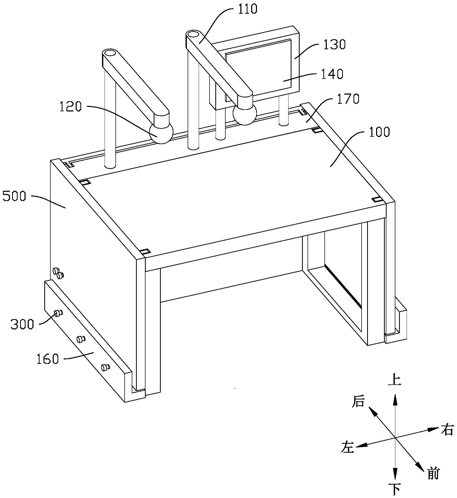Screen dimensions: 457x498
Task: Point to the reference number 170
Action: (348, 99)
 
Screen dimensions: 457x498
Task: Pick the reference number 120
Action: (70, 107)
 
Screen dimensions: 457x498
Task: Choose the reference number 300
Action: (22, 324)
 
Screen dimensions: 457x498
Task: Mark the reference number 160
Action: (48, 359)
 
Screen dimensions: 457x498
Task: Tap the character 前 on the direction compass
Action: (432, 474)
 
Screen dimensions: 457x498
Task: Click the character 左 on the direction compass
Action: (348, 447)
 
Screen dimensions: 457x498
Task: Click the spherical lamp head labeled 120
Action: (161, 133)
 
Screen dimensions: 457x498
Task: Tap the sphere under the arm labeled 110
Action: (245, 114)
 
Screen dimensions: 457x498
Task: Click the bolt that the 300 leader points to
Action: (58, 313)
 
